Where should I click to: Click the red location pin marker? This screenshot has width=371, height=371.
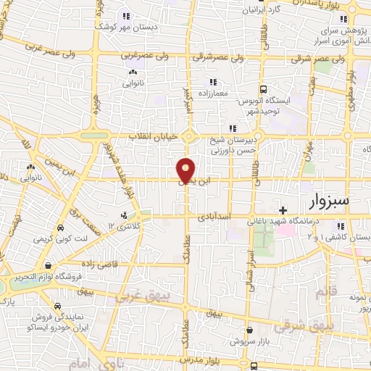(x=186, y=170)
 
